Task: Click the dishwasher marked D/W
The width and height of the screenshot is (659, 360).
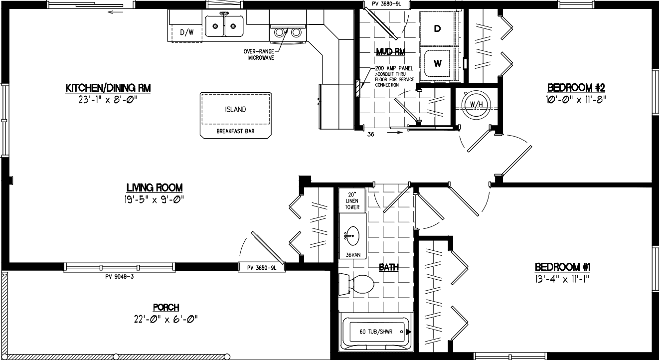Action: coord(186,33)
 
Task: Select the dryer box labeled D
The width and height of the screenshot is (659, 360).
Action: coord(437,29)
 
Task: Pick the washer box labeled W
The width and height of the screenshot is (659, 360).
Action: coord(437,63)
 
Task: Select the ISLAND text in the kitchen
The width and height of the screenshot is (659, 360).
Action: coord(235,110)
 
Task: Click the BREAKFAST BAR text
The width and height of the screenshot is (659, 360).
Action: coord(235,132)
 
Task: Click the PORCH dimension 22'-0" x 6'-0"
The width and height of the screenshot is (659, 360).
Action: coord(166,319)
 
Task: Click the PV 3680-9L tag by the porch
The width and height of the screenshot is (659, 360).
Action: coord(262,268)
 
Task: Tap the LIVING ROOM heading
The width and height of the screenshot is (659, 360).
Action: coord(154,188)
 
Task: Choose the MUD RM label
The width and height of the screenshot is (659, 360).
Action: coord(390,51)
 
